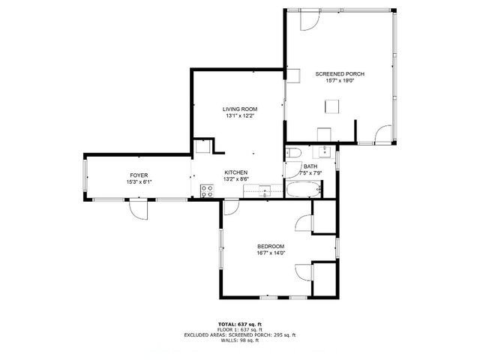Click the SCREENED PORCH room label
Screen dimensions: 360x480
point(340,73)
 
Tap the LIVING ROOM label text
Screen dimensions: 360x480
point(240,109)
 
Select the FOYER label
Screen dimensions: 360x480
point(139,174)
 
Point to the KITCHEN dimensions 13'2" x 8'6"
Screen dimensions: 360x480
point(236,179)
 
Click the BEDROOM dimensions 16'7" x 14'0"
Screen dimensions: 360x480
point(271,254)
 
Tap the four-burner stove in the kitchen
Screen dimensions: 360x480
point(206,191)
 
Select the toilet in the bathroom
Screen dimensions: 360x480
point(293,154)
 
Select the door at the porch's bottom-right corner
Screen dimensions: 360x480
point(383,135)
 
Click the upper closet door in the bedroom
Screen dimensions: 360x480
point(304,223)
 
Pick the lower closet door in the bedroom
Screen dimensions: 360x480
point(304,272)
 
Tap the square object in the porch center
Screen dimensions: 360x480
point(331,107)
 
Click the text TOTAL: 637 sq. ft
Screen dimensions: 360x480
point(240,323)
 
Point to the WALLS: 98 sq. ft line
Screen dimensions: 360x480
point(240,341)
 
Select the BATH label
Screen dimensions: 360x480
point(310,166)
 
